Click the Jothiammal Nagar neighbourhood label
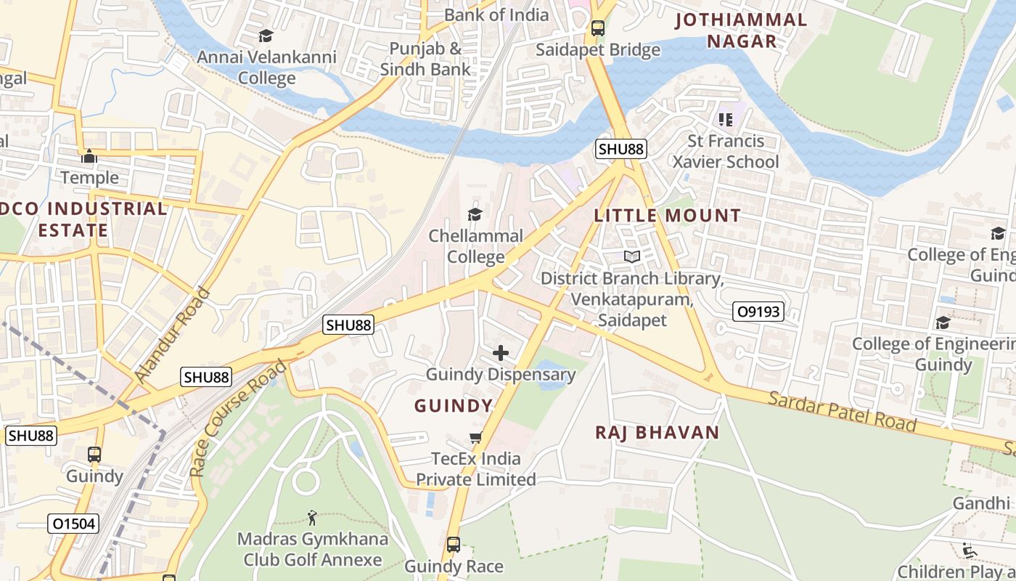point(741,31)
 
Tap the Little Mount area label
point(668,216)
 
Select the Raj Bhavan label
point(657,433)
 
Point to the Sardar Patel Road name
point(842,411)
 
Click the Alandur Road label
point(172,335)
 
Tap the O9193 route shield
point(758,312)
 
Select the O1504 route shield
point(73,523)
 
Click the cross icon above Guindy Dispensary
point(501,354)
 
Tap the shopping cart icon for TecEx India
point(476,437)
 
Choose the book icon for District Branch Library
point(632,256)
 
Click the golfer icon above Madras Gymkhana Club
point(313,518)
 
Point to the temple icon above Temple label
point(89,156)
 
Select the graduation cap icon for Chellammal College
point(475,214)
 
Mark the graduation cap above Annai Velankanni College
point(266,36)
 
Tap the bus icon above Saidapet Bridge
point(598,28)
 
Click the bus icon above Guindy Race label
point(454,545)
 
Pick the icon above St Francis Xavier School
point(725,119)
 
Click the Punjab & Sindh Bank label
point(425,59)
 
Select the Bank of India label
point(496,15)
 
